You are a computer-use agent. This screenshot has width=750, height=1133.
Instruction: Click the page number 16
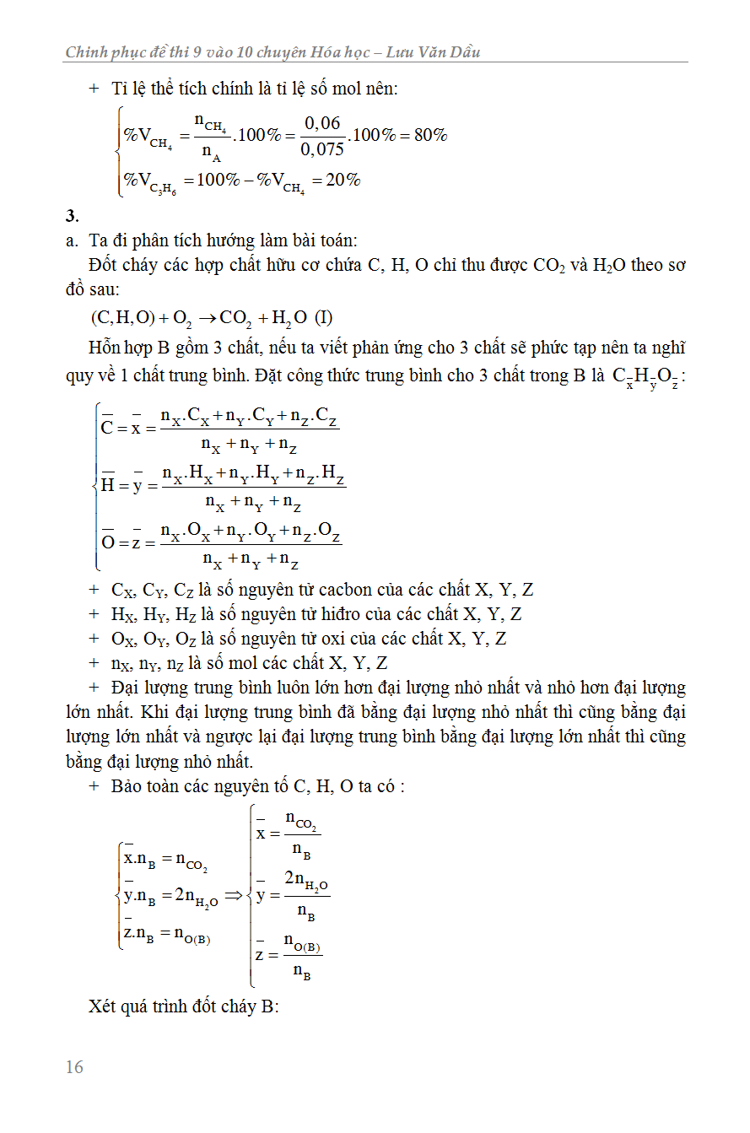point(74,1067)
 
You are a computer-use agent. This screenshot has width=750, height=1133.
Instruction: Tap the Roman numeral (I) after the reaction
point(323,318)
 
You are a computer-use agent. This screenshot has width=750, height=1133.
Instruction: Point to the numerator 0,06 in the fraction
point(322,124)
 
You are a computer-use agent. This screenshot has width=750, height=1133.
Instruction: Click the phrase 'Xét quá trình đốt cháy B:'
point(183,1006)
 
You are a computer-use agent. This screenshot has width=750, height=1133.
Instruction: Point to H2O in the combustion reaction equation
point(291,318)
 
